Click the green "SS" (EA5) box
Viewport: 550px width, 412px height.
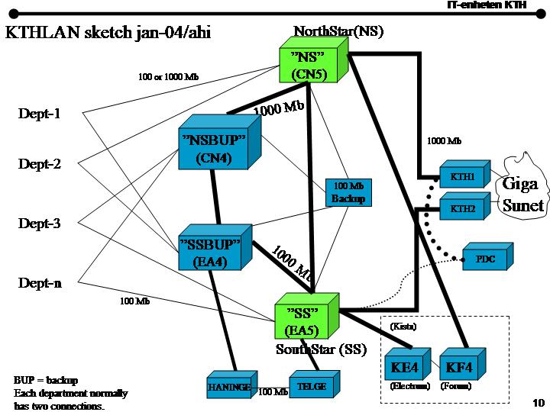coord(302,320)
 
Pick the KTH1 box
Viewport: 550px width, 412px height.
coord(462,177)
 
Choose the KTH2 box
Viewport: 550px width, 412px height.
coord(462,208)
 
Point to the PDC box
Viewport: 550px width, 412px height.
coord(485,259)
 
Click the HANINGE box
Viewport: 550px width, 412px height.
coord(229,387)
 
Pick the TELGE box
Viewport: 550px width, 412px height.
coord(312,386)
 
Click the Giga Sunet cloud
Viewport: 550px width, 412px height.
coord(522,191)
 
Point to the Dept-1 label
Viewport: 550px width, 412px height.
coord(39,114)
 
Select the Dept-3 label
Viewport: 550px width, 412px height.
coord(39,224)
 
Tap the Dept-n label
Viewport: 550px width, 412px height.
coord(40,283)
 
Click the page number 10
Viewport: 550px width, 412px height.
coord(537,402)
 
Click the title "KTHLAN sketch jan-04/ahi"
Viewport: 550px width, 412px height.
coord(108,33)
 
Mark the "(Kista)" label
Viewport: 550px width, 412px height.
coord(403,326)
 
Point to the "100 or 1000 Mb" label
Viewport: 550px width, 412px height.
coord(168,77)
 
